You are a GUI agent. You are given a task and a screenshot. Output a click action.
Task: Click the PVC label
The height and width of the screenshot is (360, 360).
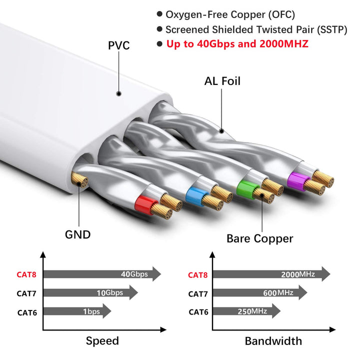[x=119, y=45]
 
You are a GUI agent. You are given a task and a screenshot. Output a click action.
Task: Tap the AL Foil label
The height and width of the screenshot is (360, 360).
[x=222, y=80]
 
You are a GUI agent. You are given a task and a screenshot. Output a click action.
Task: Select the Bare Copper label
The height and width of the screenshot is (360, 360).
[x=259, y=238]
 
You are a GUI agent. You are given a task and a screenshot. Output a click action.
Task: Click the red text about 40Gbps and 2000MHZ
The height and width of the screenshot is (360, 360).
[x=237, y=43]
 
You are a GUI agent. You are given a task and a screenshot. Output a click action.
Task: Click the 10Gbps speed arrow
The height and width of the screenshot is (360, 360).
[x=90, y=292]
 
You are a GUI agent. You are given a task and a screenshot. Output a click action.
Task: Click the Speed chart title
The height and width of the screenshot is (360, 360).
[x=102, y=341]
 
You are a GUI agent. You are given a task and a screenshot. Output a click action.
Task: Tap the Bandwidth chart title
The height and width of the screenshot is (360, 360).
[x=273, y=341]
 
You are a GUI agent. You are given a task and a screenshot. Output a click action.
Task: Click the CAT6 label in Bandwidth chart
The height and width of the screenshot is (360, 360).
[x=198, y=312]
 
